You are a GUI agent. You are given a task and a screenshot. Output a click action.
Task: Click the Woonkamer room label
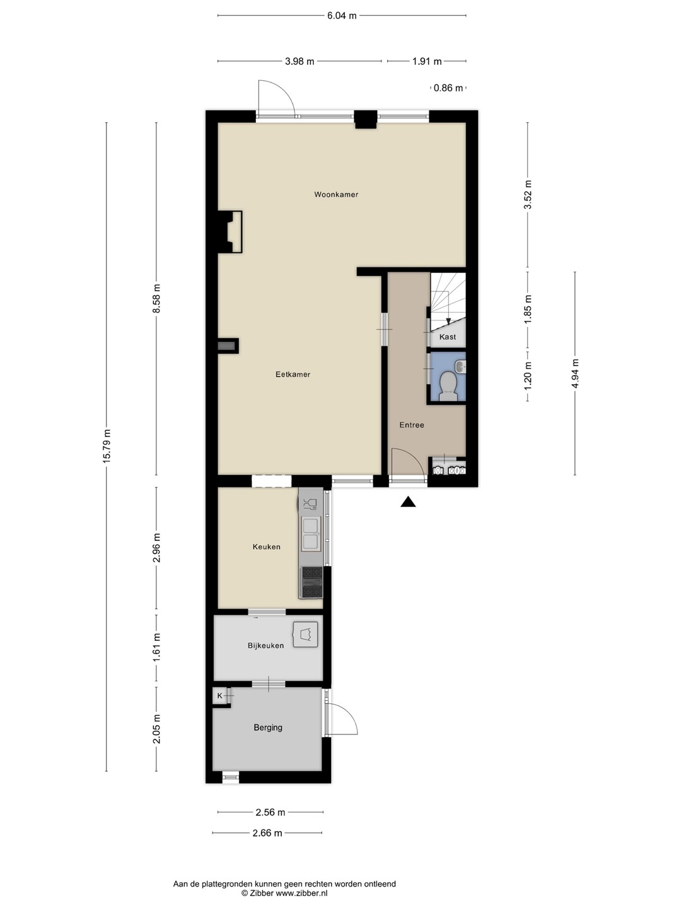[335, 194]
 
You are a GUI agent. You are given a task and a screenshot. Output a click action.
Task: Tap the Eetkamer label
[293, 375]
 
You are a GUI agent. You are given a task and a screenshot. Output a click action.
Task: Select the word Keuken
[266, 547]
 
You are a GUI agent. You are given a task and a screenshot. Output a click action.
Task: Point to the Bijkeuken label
[266, 645]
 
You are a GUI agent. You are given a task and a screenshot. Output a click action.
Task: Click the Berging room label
[268, 727]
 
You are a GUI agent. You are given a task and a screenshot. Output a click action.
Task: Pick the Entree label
[411, 425]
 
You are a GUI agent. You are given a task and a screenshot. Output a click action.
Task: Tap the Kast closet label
[448, 337]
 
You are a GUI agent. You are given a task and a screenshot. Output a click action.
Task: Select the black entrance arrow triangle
[408, 502]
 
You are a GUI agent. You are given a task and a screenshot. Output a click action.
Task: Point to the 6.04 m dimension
[342, 16]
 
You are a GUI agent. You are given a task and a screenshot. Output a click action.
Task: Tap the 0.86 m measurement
[448, 88]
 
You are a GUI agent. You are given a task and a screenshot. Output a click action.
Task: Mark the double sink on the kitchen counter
[310, 534]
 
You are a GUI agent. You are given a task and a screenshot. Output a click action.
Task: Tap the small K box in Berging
[219, 696]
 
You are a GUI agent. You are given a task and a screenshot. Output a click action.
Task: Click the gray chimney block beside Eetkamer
[228, 346]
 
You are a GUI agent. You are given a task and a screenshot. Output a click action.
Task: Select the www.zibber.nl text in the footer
[301, 893]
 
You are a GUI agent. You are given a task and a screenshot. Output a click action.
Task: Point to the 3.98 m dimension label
[300, 61]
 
